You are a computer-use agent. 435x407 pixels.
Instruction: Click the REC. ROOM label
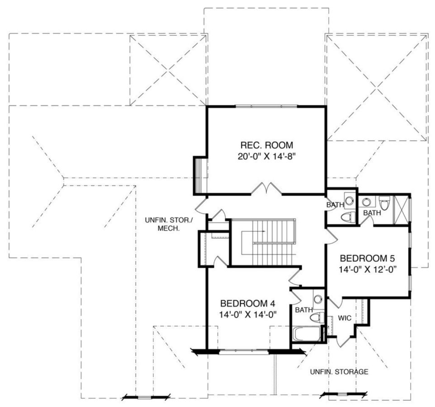pyautogui.click(x=267, y=145)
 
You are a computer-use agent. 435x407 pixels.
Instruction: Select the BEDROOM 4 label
pyautogui.click(x=247, y=303)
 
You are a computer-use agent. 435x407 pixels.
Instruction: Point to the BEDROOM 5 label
pyautogui.click(x=368, y=259)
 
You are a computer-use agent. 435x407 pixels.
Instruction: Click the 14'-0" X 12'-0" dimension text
pyautogui.click(x=368, y=270)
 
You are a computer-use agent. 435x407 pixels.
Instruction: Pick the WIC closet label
pyautogui.click(x=345, y=318)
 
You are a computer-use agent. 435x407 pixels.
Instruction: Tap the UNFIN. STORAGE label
pyautogui.click(x=339, y=372)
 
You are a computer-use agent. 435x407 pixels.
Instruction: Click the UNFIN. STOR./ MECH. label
pyautogui.click(x=163, y=224)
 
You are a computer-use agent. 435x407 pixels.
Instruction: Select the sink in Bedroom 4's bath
pyautogui.click(x=318, y=299)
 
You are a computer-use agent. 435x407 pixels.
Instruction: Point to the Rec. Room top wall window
pyautogui.click(x=266, y=106)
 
